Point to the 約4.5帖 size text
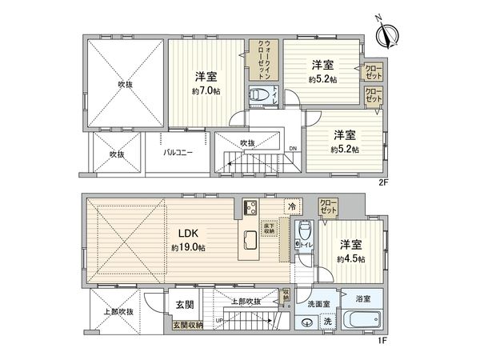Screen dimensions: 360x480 350,259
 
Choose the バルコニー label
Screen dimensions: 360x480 177,152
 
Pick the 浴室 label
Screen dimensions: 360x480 363,299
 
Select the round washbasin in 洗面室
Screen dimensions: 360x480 308,324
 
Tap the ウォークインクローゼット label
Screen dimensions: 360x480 259,58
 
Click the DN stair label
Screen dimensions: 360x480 293,148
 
